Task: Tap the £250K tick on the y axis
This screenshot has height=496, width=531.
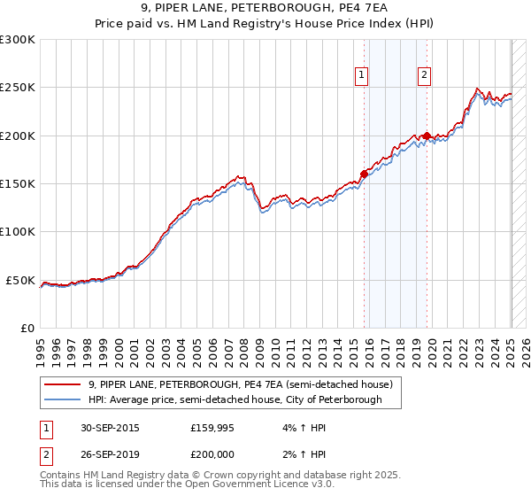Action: coord(18,88)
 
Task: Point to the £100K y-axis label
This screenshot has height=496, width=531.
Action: coord(18,231)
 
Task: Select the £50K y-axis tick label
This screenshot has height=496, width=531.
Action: coord(21,280)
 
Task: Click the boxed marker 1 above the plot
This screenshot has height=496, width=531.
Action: coord(362,76)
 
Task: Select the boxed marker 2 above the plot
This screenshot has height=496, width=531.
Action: coord(425,76)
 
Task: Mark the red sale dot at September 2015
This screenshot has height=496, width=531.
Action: coord(364,174)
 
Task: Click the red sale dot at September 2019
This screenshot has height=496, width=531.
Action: coord(427,136)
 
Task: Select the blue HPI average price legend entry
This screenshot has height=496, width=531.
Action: coord(235,399)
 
